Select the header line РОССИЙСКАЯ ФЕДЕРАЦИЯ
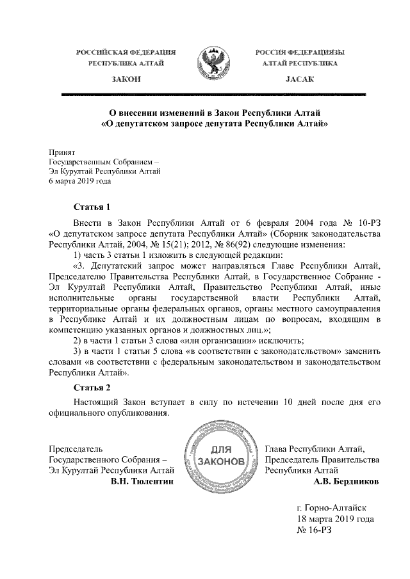(x=126, y=51)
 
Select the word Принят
(x=62, y=152)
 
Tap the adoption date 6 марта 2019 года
(x=80, y=181)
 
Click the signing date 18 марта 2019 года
(x=336, y=519)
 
